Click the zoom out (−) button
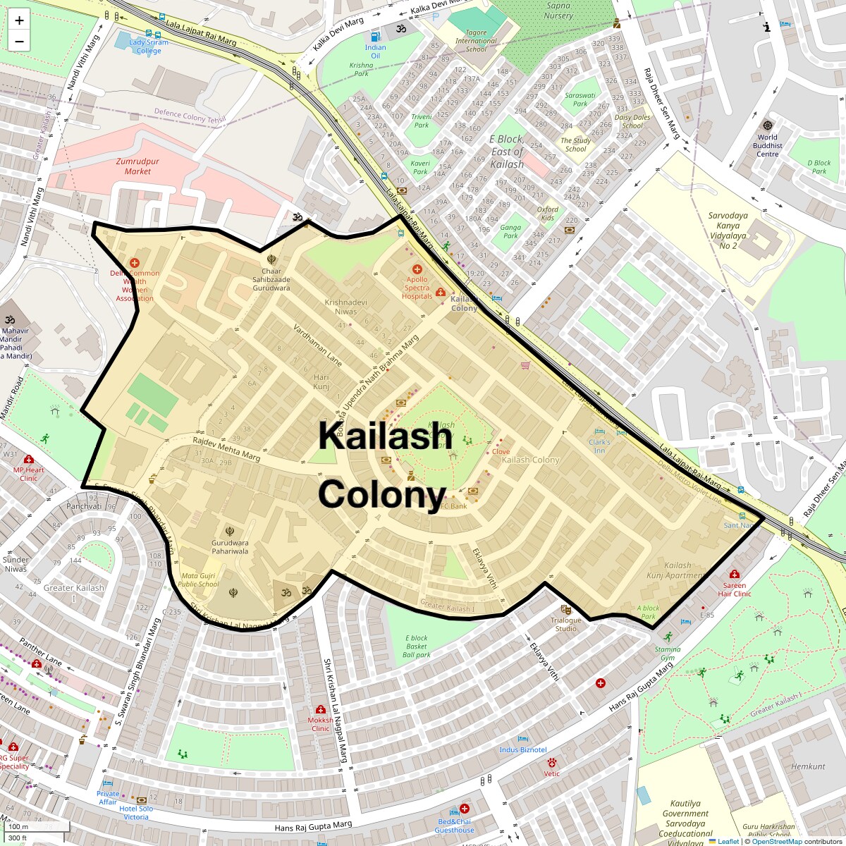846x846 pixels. [19, 41]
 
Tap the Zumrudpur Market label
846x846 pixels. [137, 166]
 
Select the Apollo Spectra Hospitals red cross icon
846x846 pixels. [417, 269]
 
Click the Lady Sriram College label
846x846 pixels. [149, 47]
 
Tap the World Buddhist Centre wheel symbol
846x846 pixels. [767, 125]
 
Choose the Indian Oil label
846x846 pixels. [375, 51]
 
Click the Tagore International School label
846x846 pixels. [475, 41]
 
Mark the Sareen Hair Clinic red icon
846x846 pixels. [735, 574]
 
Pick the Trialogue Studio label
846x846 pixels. [565, 624]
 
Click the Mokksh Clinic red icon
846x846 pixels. [321, 709]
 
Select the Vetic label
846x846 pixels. [551, 773]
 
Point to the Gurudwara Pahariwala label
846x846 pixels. [230, 547]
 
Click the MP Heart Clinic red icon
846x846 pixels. [29, 459]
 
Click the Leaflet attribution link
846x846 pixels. [728, 841]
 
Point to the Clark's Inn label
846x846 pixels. [599, 446]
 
